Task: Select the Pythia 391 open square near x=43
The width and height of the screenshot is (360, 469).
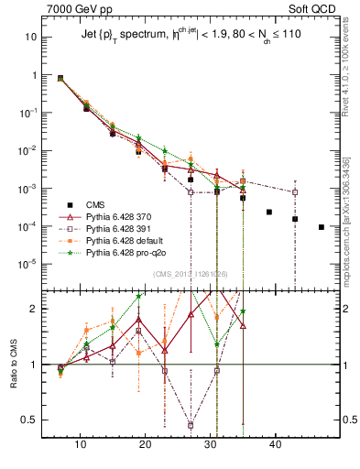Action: point(295,192)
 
